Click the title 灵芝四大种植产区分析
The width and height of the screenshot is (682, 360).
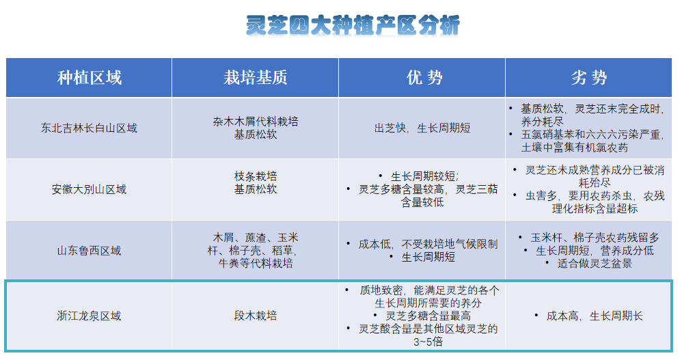pos(353,25)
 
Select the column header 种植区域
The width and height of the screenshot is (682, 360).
pos(89,78)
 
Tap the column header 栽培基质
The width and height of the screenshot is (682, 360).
pos(256,78)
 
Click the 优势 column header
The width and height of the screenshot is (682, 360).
pos(424,78)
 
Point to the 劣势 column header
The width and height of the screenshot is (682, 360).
pos(589,78)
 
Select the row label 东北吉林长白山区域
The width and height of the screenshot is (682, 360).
pos(89,128)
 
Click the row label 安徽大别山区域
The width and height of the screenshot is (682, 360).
pos(89,189)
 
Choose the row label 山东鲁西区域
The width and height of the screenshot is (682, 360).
pos(89,251)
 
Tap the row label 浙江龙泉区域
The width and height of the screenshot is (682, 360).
pos(89,316)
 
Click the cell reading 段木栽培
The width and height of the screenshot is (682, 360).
pos(256,316)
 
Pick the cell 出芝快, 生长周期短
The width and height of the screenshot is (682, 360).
pos(422,128)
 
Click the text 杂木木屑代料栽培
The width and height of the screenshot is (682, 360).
pos(256,122)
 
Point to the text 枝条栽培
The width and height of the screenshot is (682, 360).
pos(256,176)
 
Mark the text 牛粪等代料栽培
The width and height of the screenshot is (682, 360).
pos(256,263)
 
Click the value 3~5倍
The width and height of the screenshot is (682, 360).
pos(428,342)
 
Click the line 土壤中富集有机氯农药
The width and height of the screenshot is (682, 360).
pos(575,148)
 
